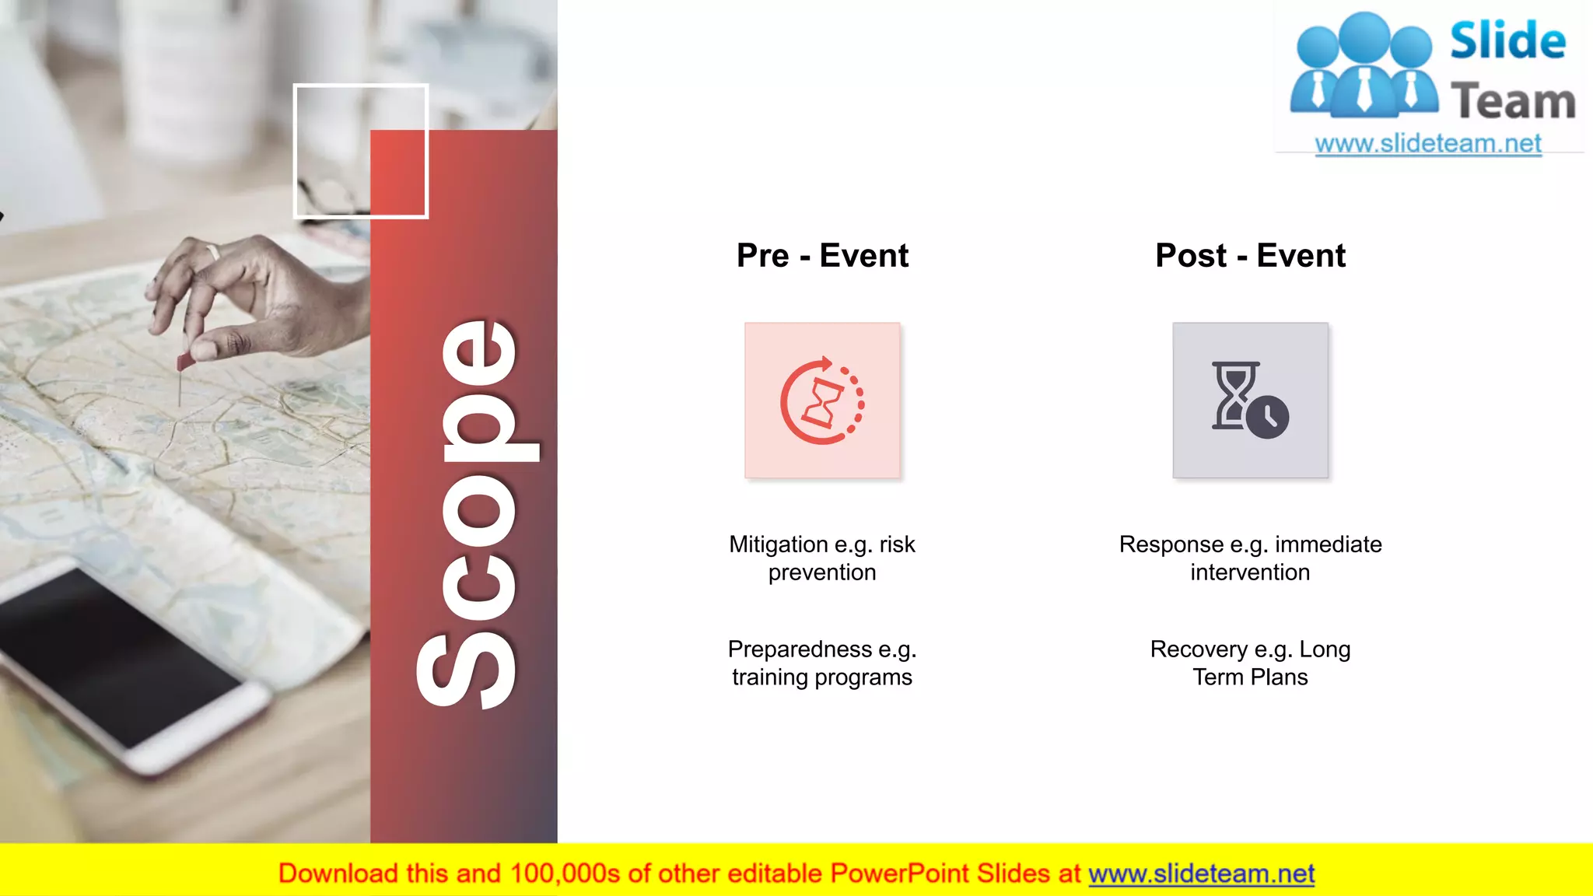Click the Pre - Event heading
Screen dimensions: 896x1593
[822, 256]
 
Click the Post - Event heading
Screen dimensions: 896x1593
[1250, 256]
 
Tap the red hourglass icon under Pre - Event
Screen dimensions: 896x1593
[822, 401]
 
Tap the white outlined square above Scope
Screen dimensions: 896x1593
[360, 151]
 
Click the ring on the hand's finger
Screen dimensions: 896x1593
[212, 251]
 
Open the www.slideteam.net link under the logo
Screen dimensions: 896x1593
[1428, 144]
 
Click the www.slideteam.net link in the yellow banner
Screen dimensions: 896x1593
[1201, 873]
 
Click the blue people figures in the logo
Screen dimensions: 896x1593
[1364, 66]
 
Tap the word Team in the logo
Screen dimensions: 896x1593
[1513, 102]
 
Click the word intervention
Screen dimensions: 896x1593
[1250, 572]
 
